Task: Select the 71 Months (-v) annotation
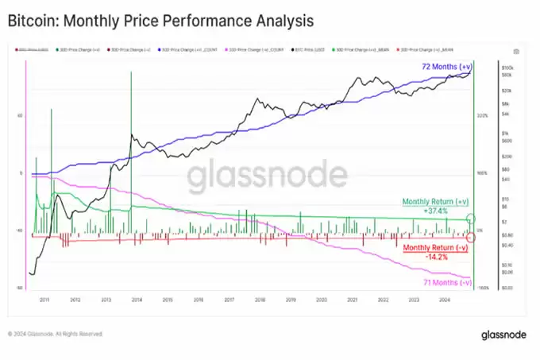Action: coord(448,282)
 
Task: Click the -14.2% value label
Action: coord(435,257)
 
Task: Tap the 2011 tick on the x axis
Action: coord(44,300)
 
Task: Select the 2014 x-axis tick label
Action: coord(137,300)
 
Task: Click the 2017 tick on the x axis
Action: coord(229,300)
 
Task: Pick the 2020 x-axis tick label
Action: coord(322,300)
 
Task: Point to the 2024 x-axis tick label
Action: coord(445,300)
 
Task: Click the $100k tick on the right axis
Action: coord(507,68)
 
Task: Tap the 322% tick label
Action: coord(482,116)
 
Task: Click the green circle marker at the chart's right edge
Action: coord(471,218)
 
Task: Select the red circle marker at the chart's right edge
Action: coord(471,237)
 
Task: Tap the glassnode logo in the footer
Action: coord(503,335)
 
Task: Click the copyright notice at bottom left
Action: coord(56,335)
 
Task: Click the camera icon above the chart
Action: coord(517,52)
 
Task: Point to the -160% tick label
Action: coord(481,288)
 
